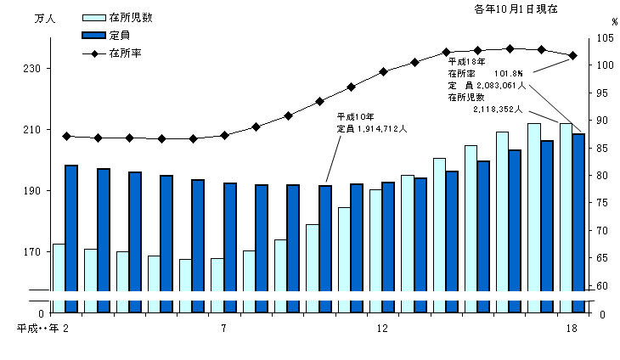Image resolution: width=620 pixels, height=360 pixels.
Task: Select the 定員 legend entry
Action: [x=119, y=35]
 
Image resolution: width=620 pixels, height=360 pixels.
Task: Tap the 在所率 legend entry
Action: [x=124, y=53]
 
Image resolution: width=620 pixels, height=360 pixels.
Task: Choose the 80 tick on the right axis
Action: [x=602, y=176]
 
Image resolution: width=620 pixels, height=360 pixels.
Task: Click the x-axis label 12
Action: [x=382, y=329]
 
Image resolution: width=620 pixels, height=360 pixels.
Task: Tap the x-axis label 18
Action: [x=572, y=329]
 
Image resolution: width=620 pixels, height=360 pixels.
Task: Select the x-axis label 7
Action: [x=224, y=329]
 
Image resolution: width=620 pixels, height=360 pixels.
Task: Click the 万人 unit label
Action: [x=44, y=19]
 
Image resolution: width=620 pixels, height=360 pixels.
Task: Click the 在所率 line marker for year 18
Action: [x=573, y=56]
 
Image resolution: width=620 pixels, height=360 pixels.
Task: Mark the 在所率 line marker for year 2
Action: [x=66, y=136]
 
